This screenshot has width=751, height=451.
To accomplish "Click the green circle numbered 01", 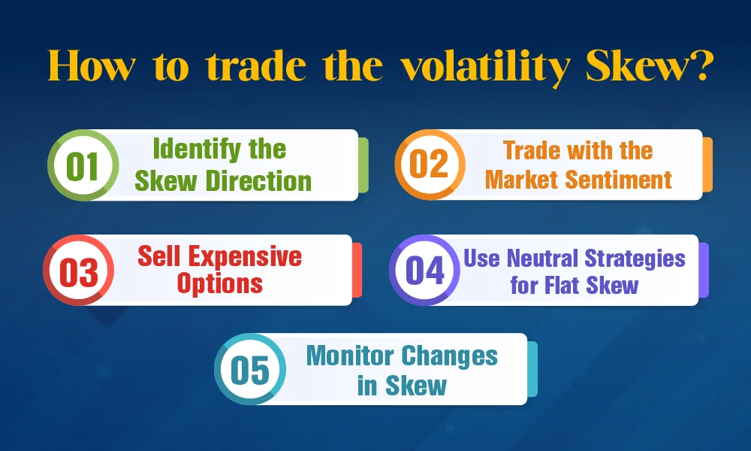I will pos(83,165).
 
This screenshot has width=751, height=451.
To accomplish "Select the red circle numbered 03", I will pos(79,271).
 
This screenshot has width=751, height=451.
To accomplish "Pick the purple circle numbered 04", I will pos(425,271).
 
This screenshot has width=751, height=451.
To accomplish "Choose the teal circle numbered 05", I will pos(249,369).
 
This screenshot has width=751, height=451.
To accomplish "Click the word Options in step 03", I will pos(220,284).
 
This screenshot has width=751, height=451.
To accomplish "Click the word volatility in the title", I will pos(484,68).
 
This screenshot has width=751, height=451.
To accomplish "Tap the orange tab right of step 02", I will pos(707,165).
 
